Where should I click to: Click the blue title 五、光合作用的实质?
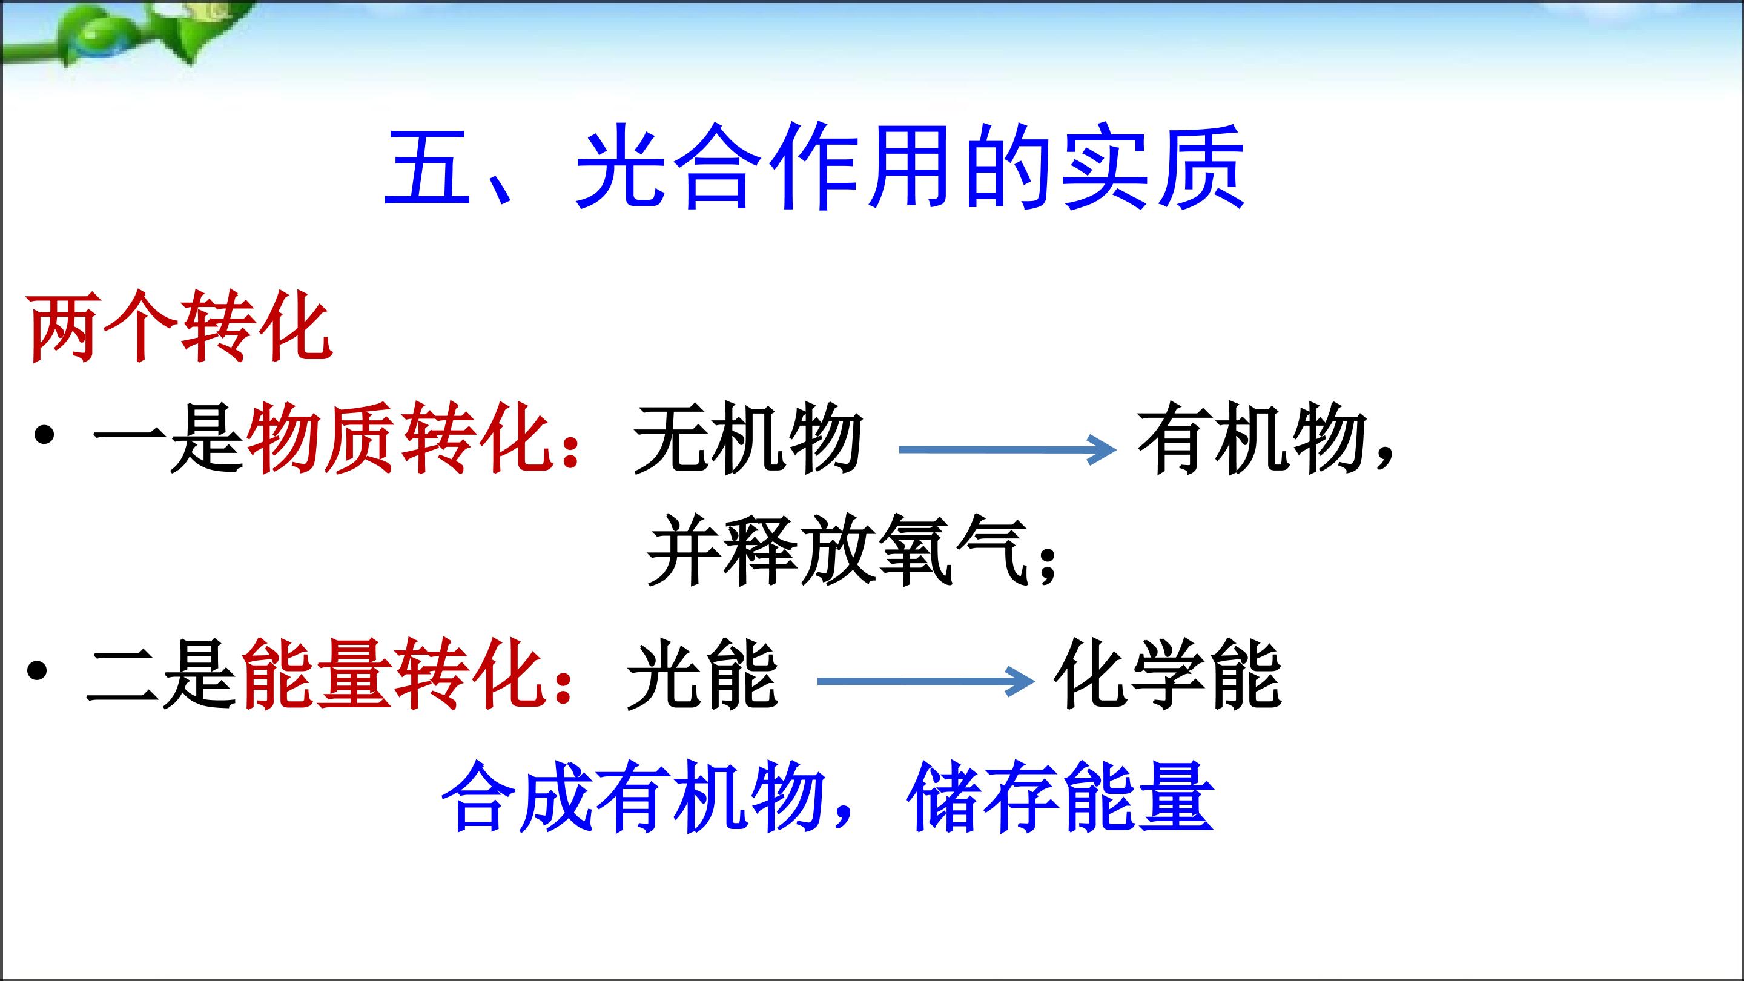click(814, 167)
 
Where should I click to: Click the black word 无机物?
click(748, 437)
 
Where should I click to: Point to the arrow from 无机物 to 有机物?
click(1008, 449)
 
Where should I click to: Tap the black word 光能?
click(702, 673)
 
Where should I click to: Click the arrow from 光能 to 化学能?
click(926, 681)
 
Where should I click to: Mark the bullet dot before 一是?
click(44, 435)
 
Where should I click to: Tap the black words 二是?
click(162, 673)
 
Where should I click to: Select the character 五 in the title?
click(427, 167)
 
